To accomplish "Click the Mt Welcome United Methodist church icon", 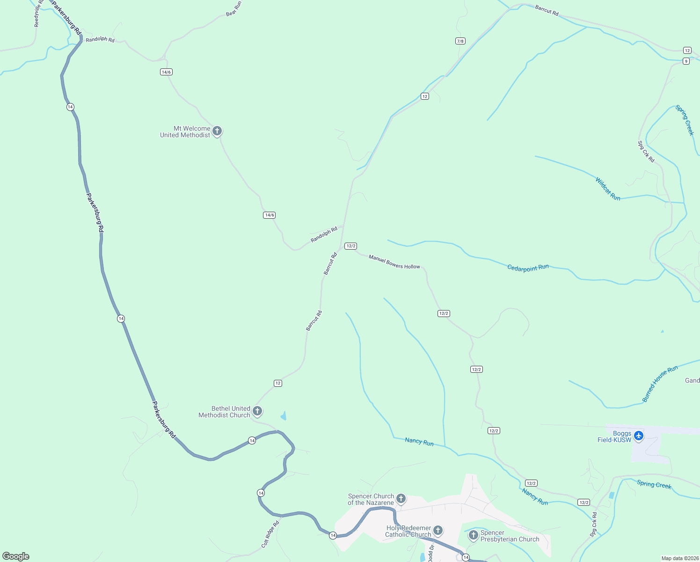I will (x=217, y=131).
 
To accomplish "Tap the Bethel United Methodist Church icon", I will (x=257, y=411).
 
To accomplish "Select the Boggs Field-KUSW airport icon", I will (x=639, y=436).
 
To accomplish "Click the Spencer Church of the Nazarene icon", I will (x=401, y=498).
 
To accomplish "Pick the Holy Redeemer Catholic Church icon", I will (x=438, y=530).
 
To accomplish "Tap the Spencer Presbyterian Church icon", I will (x=473, y=535).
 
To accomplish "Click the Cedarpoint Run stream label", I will (x=528, y=268).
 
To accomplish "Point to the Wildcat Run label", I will (x=608, y=189).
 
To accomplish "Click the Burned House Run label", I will (x=660, y=384).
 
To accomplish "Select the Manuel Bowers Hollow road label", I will (x=394, y=262).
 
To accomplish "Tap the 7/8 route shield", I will (x=460, y=41).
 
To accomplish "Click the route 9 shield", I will (x=686, y=61).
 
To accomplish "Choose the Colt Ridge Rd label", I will (x=270, y=534).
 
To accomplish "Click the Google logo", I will (x=16, y=556).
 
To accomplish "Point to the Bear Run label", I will (x=233, y=8).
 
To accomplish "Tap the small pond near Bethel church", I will (x=284, y=416).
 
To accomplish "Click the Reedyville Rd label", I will (x=37, y=13).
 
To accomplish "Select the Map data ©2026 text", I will (x=679, y=558).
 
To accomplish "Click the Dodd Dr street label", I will (x=431, y=553).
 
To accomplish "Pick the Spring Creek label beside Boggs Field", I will (x=654, y=485).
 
